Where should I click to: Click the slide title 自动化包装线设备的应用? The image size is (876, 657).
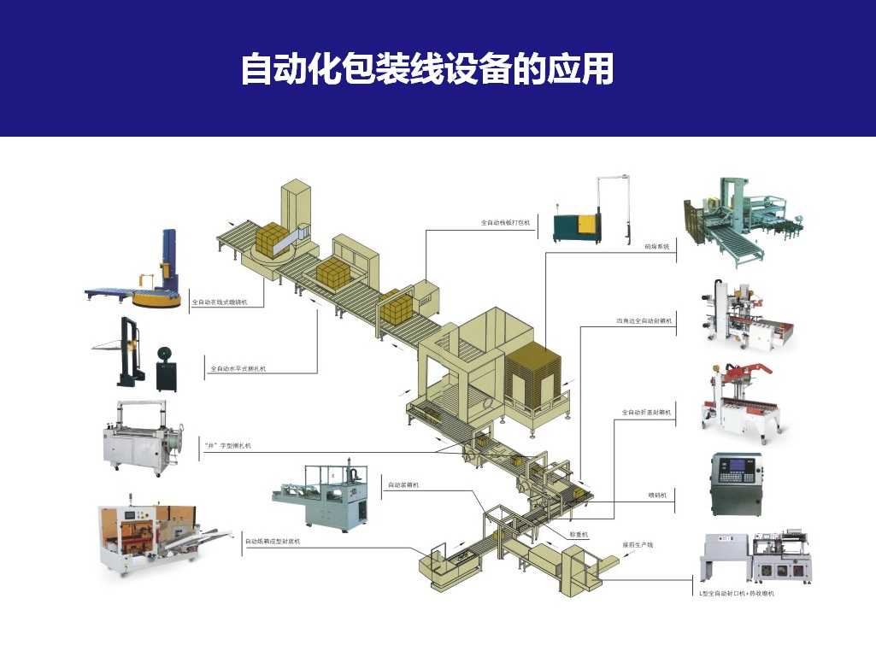[x=426, y=69]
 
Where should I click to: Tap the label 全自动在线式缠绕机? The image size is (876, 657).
[x=219, y=302]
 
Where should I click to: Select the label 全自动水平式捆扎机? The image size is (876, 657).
[x=238, y=369]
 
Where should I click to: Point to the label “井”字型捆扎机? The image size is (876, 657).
[x=227, y=445]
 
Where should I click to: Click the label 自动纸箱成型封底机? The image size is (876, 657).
[x=273, y=541]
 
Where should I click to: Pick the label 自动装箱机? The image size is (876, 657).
[x=403, y=484]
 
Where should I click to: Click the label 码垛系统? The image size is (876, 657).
[x=656, y=245]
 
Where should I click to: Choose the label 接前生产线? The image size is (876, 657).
[x=638, y=544]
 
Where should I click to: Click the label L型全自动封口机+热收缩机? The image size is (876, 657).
[x=736, y=592]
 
